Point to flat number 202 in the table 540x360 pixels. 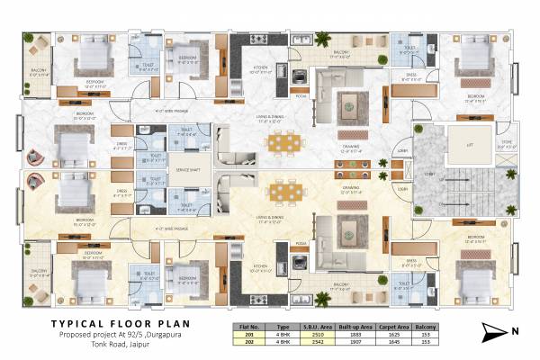(240, 342)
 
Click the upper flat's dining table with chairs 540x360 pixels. (282, 144)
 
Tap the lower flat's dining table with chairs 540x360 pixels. (282, 193)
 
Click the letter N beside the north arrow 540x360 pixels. (516, 332)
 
